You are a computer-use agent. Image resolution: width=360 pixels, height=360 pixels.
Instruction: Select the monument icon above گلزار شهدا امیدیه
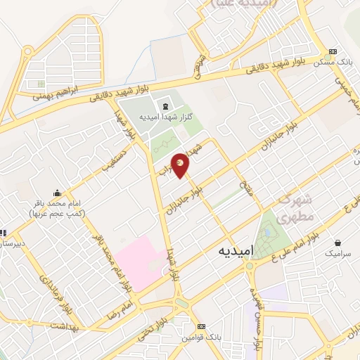coord(165,106)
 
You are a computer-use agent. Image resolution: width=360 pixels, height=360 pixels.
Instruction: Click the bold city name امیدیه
coord(226,250)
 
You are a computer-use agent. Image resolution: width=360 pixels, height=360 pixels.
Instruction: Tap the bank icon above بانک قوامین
coord(202,326)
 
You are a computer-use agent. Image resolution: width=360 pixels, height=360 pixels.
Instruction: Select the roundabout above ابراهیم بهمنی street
coord(28,51)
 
